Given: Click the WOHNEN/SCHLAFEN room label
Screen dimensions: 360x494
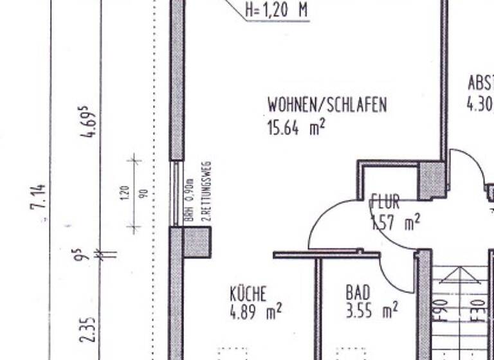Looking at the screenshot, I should pyautogui.click(x=327, y=105).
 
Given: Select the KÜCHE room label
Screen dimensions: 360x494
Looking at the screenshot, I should pyautogui.click(x=248, y=294).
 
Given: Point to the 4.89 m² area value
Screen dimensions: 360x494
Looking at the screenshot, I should pyautogui.click(x=255, y=312).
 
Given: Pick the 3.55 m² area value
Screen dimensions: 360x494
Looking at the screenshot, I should pyautogui.click(x=371, y=312).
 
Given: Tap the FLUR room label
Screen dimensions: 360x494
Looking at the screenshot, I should pyautogui.click(x=386, y=203).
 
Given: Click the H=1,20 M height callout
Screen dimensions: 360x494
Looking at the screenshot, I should pyautogui.click(x=277, y=11).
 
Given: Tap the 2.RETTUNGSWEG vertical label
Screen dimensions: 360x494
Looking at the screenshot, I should pyautogui.click(x=206, y=192).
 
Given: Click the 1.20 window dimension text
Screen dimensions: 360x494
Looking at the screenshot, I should pyautogui.click(x=125, y=192).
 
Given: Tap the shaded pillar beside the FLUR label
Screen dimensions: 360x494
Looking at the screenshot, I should pyautogui.click(x=431, y=181).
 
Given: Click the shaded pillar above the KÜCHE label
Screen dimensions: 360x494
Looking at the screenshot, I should pyautogui.click(x=196, y=242).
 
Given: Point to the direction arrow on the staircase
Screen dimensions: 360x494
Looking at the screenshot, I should pyautogui.click(x=459, y=276).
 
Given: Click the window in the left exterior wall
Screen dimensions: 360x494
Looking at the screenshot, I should pyautogui.click(x=176, y=193).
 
